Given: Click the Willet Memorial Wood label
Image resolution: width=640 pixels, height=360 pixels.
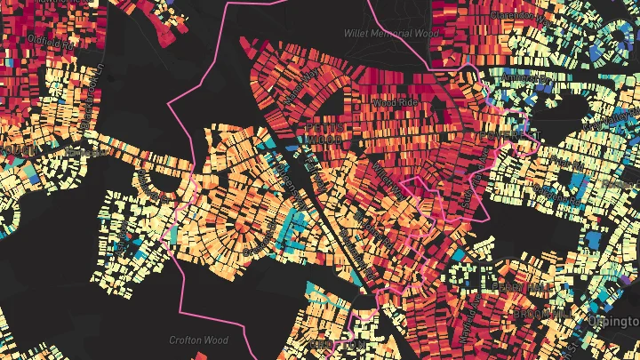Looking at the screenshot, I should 391,33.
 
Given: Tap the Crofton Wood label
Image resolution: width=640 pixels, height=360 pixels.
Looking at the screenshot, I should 198,340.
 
